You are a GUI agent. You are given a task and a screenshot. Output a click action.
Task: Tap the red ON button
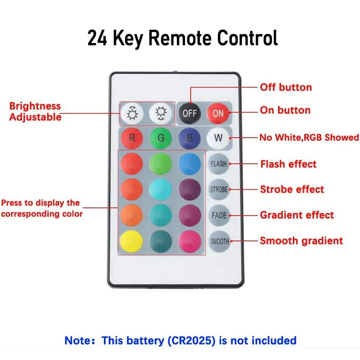click(x=218, y=113)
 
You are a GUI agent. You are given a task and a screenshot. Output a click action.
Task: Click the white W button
click(x=218, y=138)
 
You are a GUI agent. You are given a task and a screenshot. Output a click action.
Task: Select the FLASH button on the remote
click(x=219, y=164)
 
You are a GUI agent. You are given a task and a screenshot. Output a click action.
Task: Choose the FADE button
click(x=219, y=216)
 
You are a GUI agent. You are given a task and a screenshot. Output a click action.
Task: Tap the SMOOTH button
click(x=220, y=242)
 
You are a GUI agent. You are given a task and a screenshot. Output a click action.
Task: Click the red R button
click(x=132, y=138)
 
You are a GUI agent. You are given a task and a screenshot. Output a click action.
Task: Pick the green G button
click(x=161, y=138)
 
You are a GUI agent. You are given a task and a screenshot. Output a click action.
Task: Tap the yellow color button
click(x=132, y=242)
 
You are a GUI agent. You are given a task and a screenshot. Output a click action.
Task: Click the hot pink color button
click(x=189, y=242)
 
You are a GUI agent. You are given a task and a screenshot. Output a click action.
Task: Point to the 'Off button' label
click(x=286, y=87)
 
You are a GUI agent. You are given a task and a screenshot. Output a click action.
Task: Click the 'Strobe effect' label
click(x=292, y=189)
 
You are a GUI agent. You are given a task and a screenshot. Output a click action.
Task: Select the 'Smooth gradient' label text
click(x=301, y=241)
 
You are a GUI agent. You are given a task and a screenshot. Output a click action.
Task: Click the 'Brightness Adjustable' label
click(x=35, y=112)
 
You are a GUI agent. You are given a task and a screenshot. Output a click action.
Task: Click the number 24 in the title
click(x=97, y=39)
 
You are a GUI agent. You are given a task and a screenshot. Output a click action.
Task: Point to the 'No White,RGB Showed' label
click(x=309, y=138)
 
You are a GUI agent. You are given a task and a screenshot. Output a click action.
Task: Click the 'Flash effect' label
click(x=288, y=164)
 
